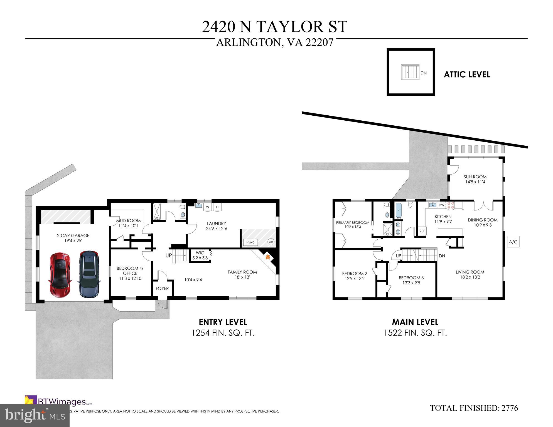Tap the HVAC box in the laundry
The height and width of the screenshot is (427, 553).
click(250, 242)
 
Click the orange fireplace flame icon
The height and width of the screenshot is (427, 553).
click(268, 257)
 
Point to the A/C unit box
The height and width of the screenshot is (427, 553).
click(513, 242)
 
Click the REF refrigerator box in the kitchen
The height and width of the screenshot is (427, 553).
click(422, 231)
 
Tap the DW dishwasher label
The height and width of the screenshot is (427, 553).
click(441, 205)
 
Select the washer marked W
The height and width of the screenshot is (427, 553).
click(208, 207)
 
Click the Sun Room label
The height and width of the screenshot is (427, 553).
click(475, 177)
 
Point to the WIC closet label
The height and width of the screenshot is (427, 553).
click(200, 253)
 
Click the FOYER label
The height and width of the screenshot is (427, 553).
click(162, 288)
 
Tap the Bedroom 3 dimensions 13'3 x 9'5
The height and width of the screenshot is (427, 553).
click(411, 283)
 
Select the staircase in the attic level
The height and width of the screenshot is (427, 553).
click(411, 72)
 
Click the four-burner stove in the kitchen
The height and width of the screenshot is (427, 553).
click(451, 205)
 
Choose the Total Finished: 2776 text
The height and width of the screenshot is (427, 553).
click(474, 408)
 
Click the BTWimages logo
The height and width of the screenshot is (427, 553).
click(58, 402)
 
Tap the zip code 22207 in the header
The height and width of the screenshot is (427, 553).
click(319, 42)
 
